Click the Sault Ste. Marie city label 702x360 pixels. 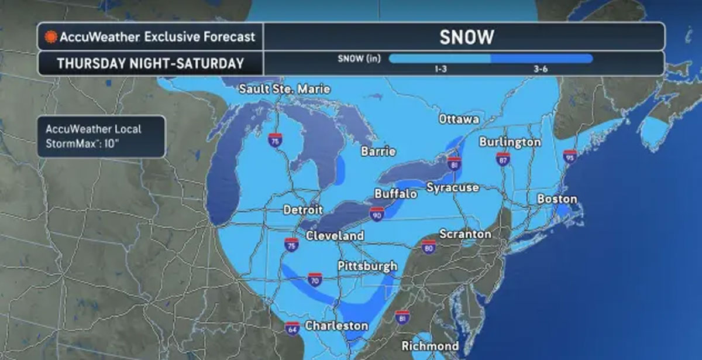click(285, 89)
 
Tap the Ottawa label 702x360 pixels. click(459, 119)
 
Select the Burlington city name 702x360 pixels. click(510, 142)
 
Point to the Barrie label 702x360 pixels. click(378, 152)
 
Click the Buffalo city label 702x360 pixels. click(395, 193)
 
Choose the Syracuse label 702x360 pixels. click(452, 187)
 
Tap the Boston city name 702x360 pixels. click(557, 199)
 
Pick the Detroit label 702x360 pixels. click(303, 210)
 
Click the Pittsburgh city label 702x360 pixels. click(367, 266)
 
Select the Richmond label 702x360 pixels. click(430, 345)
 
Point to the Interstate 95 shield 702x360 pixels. click(569, 157)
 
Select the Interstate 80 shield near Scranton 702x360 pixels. click(429, 247)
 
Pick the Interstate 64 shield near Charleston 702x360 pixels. click(292, 328)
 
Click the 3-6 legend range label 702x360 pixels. click(540, 69)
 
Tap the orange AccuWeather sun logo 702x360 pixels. click(50, 37)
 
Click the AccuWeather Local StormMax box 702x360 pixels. click(101, 136)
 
